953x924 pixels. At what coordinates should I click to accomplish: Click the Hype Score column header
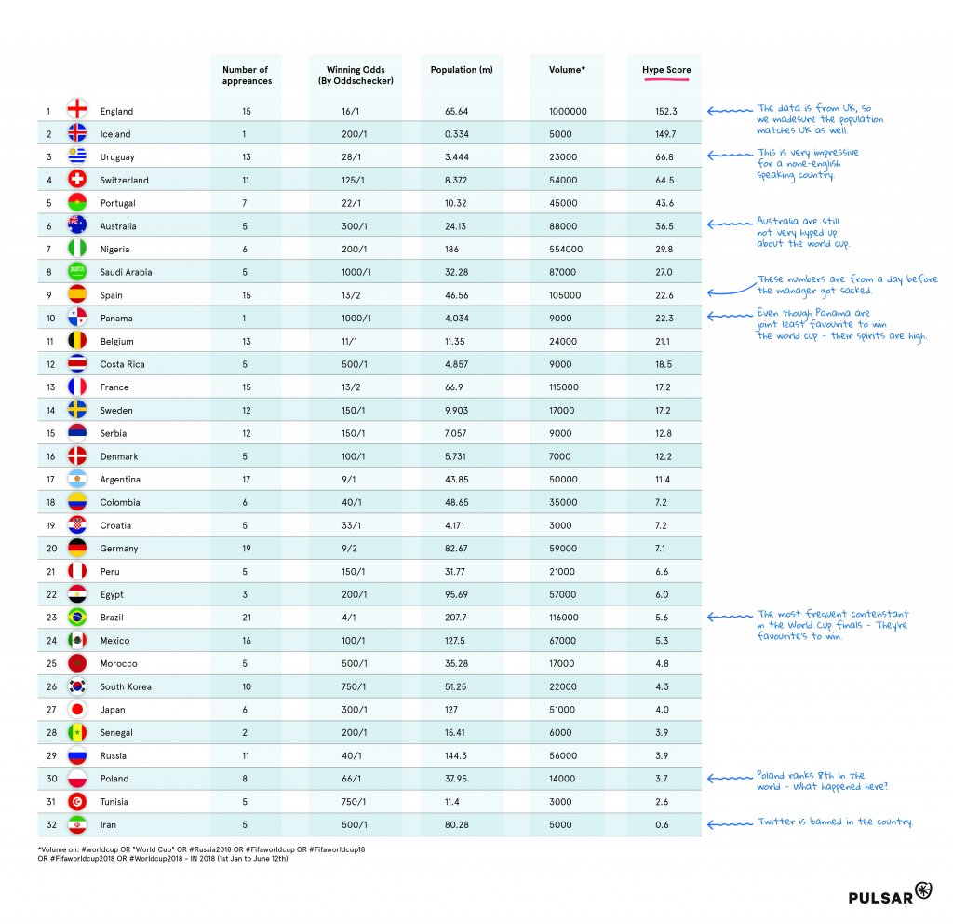click(x=666, y=70)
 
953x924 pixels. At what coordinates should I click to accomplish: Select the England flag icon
click(x=77, y=111)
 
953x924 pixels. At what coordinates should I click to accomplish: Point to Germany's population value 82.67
click(x=456, y=549)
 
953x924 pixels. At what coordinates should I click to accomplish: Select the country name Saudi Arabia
click(x=126, y=272)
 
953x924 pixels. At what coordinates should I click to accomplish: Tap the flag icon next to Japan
click(x=77, y=710)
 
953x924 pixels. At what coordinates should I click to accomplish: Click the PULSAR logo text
click(x=880, y=897)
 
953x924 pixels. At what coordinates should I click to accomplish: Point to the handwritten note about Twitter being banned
click(x=835, y=822)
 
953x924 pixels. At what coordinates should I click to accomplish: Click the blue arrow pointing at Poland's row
click(x=727, y=778)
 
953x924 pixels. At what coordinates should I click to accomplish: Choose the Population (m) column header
click(x=454, y=70)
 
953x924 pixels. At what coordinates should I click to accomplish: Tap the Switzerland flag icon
click(x=77, y=180)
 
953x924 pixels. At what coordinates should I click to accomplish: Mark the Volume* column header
click(x=567, y=70)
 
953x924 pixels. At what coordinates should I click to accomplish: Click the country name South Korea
click(x=126, y=686)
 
